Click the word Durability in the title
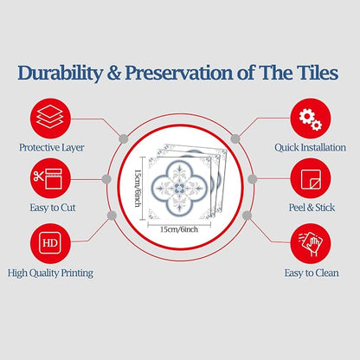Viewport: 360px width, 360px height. tap(60, 73)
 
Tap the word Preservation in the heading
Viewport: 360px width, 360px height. tap(179, 73)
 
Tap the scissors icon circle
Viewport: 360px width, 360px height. tap(50, 178)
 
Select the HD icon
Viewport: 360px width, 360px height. tap(50, 243)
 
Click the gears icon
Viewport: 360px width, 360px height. tap(311, 119)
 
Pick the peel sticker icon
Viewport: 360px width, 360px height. tap(311, 178)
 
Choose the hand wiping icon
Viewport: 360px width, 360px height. tap(311, 243)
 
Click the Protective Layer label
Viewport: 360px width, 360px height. tap(52, 148)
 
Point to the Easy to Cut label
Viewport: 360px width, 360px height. tap(53, 208)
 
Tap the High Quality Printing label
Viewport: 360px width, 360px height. tap(50, 273)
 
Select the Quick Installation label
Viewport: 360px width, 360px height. tap(310, 147)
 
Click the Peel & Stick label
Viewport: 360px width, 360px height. tap(312, 208)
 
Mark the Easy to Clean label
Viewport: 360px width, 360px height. tap(312, 273)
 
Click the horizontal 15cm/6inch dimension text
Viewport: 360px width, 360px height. tap(179, 229)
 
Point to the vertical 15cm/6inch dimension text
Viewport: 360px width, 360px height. tap(138, 188)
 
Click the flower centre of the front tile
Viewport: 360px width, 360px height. tap(179, 189)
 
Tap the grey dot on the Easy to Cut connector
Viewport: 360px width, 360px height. tap(106, 179)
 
